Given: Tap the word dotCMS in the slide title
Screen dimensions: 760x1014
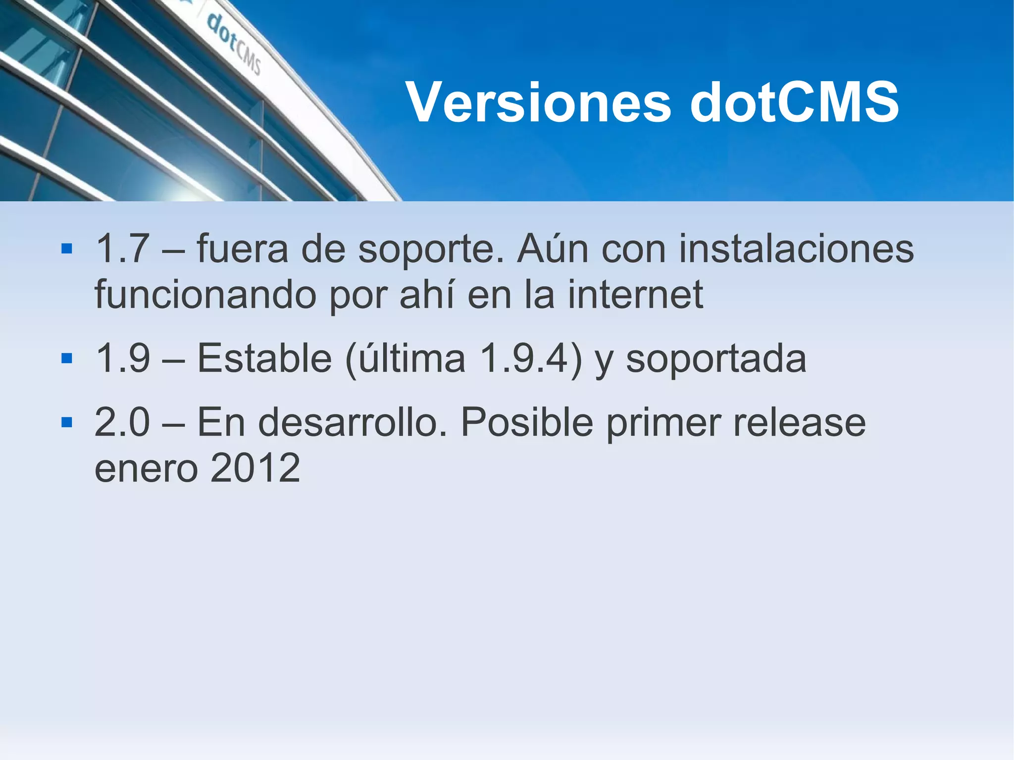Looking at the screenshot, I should click(x=794, y=102).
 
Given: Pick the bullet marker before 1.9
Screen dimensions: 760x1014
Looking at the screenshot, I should click(x=67, y=358).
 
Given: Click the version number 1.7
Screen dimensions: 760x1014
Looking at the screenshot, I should click(x=122, y=249).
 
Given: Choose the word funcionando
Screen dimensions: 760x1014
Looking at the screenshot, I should click(x=205, y=295).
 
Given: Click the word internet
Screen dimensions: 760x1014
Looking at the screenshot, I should click(x=635, y=295).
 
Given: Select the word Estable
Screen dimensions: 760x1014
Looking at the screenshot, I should click(x=264, y=358).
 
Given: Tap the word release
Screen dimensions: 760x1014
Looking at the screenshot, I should click(x=799, y=423).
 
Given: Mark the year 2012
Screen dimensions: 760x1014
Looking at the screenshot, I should click(x=255, y=468).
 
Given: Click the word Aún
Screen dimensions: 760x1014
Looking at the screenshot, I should click(x=553, y=249).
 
